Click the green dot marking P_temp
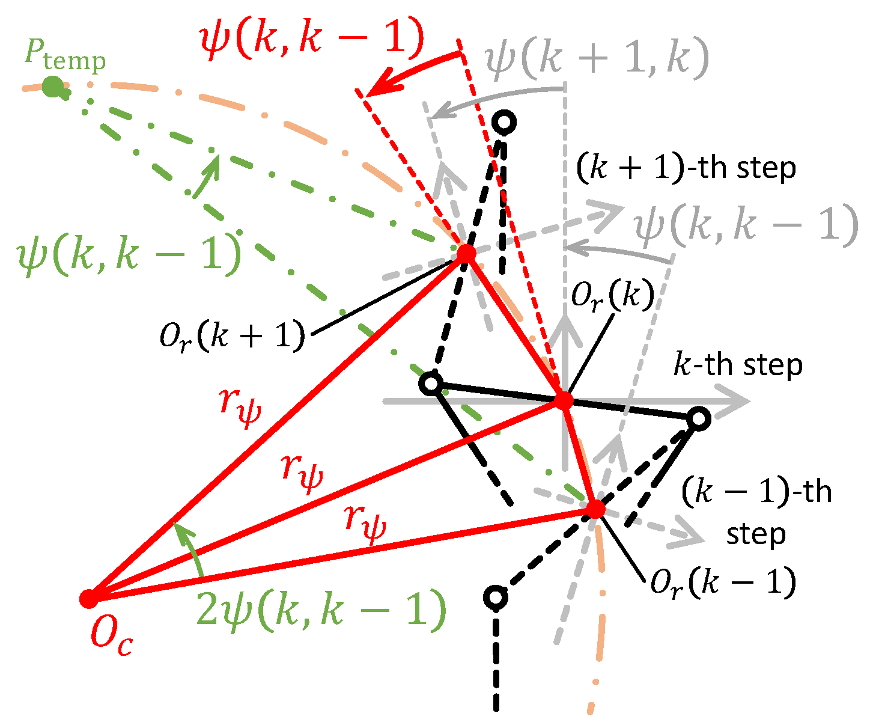click(x=52, y=87)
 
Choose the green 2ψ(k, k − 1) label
click(x=321, y=611)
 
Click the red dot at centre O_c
click(x=89, y=598)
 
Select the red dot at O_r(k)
click(x=564, y=400)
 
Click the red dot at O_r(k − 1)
click(x=595, y=509)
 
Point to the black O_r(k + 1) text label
click(x=232, y=337)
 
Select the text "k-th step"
click(x=738, y=366)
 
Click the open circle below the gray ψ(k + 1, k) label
click(x=504, y=122)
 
